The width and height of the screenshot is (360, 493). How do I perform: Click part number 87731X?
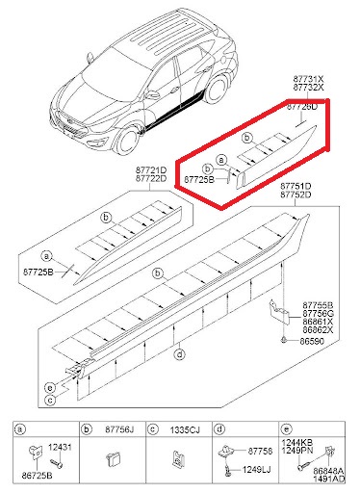[x=308, y=79]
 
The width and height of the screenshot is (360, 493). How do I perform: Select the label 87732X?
[x=308, y=87]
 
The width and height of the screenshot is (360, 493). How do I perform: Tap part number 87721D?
[x=151, y=169]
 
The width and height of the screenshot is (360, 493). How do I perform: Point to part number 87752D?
[x=296, y=195]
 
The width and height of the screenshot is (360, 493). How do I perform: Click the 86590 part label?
[x=312, y=341]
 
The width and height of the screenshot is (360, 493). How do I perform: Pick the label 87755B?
[x=318, y=305]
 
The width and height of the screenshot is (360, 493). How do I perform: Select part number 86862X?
[x=318, y=330]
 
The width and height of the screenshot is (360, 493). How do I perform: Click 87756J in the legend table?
[x=119, y=429]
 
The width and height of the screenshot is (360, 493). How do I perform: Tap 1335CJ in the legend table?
[x=185, y=429]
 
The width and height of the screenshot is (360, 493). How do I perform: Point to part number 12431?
[x=60, y=447]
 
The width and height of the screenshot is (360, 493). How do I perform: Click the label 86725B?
[x=37, y=476]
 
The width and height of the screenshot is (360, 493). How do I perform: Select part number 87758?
[x=260, y=452]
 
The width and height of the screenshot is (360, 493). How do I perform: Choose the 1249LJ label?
[x=256, y=470]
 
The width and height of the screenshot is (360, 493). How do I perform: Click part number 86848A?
[x=328, y=471]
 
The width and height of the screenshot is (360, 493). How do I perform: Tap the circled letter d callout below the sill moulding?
[x=179, y=354]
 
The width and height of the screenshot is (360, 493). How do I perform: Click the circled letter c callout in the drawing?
[x=50, y=400]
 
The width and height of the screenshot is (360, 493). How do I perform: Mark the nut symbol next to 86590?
[x=284, y=340]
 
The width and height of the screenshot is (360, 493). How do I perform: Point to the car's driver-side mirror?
[x=152, y=94]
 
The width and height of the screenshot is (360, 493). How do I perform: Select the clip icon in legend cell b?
[x=113, y=458]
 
